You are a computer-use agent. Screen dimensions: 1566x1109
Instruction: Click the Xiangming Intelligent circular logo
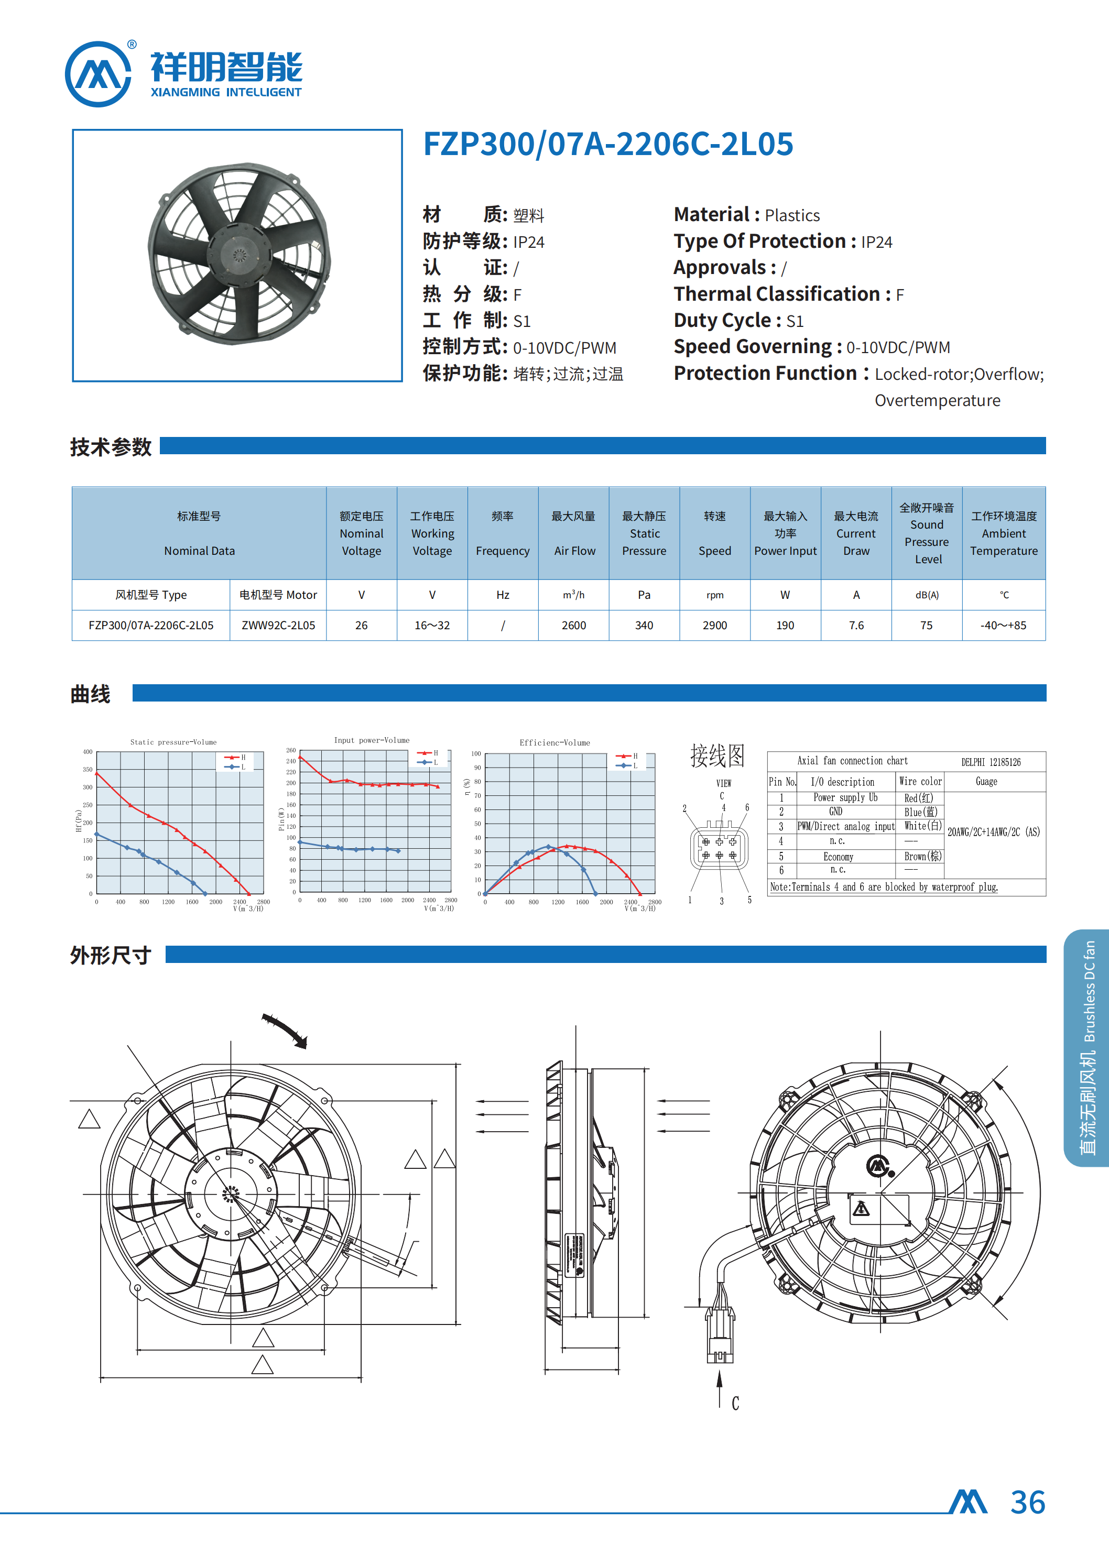pyautogui.click(x=99, y=74)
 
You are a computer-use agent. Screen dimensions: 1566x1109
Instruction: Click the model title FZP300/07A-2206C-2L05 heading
pyautogui.click(x=608, y=144)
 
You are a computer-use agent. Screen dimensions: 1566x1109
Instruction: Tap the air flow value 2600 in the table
pyautogui.click(x=573, y=626)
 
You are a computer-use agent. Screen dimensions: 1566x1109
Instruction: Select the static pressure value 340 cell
pyautogui.click(x=644, y=626)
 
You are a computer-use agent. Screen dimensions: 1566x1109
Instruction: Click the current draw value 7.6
pyautogui.click(x=856, y=626)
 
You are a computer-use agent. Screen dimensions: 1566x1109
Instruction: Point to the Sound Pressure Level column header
pyautogui.click(x=927, y=533)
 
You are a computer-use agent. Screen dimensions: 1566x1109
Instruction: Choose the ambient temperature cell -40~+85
pyautogui.click(x=1003, y=626)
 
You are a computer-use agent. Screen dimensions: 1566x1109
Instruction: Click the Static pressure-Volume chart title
pyautogui.click(x=173, y=742)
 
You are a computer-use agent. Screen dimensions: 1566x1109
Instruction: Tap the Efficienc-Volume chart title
pyautogui.click(x=554, y=743)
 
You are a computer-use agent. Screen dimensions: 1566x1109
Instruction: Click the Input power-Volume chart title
pyautogui.click(x=372, y=740)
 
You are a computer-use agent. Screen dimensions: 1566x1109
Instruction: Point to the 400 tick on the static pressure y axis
pyautogui.click(x=88, y=752)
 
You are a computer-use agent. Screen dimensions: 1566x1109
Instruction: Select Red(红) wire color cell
pyautogui.click(x=918, y=798)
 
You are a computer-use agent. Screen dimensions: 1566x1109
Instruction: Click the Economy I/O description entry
pyautogui.click(x=838, y=857)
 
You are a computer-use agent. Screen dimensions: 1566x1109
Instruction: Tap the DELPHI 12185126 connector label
pyautogui.click(x=991, y=762)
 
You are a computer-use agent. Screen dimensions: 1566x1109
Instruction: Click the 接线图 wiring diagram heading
pyautogui.click(x=717, y=755)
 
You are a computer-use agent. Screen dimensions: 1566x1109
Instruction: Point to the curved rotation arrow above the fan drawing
pyautogui.click(x=286, y=1030)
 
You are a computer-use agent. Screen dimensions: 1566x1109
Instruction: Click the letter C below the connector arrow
pyautogui.click(x=735, y=1404)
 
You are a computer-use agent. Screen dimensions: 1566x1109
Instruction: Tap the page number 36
pyautogui.click(x=1028, y=1503)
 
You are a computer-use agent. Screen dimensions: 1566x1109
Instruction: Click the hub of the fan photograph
pyautogui.click(x=239, y=255)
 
